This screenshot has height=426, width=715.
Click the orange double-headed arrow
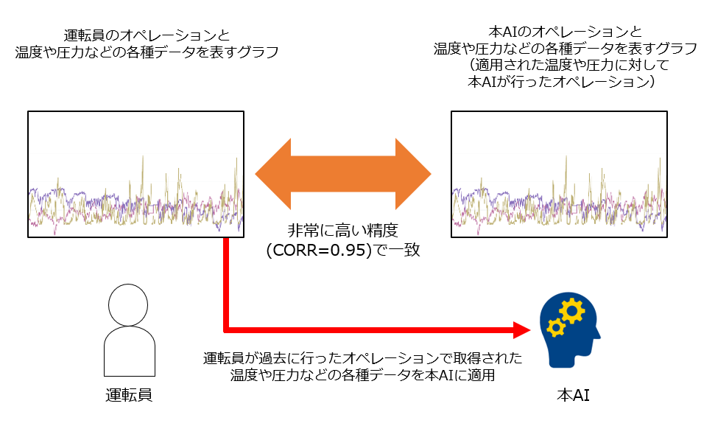pos(343,174)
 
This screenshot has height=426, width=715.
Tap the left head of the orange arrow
pos(273,174)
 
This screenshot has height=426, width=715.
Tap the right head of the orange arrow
pos(413,174)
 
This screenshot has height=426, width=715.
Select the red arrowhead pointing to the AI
pos(522,329)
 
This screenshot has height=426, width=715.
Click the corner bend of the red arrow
pos(226,329)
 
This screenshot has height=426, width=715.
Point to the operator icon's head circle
pos(128,304)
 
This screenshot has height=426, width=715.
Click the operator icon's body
pos(130,351)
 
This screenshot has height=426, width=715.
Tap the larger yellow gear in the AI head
pos(572,311)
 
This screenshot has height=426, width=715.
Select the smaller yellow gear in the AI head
pos(555,328)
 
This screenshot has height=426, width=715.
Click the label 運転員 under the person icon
pos(129,395)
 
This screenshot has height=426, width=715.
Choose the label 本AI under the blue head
pos(573,395)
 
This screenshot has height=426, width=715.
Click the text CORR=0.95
pos(319,250)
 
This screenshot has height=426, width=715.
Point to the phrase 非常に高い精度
pos(343,231)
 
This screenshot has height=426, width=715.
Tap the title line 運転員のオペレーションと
pos(147,35)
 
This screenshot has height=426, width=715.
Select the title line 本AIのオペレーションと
pos(566,32)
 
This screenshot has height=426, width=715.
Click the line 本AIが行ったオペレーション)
pos(562,82)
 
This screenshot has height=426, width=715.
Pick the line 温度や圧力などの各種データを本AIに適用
pos(362,375)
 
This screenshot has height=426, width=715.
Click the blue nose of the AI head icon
pos(597,337)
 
